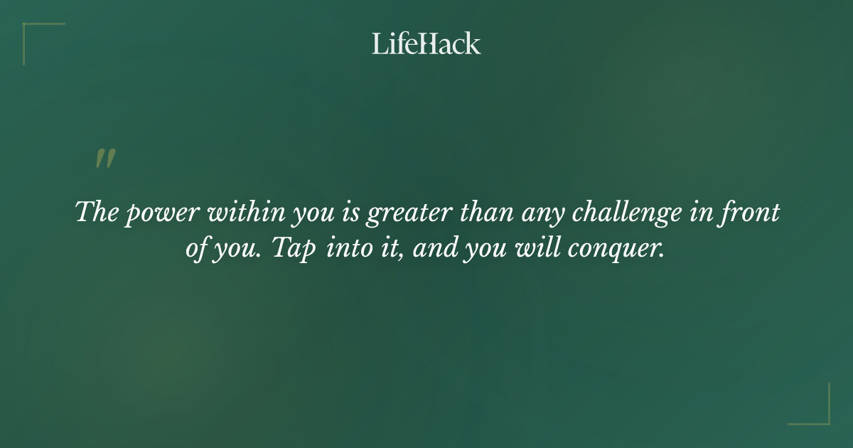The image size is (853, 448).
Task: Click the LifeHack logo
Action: point(426,43)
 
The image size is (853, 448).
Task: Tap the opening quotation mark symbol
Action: point(104,159)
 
